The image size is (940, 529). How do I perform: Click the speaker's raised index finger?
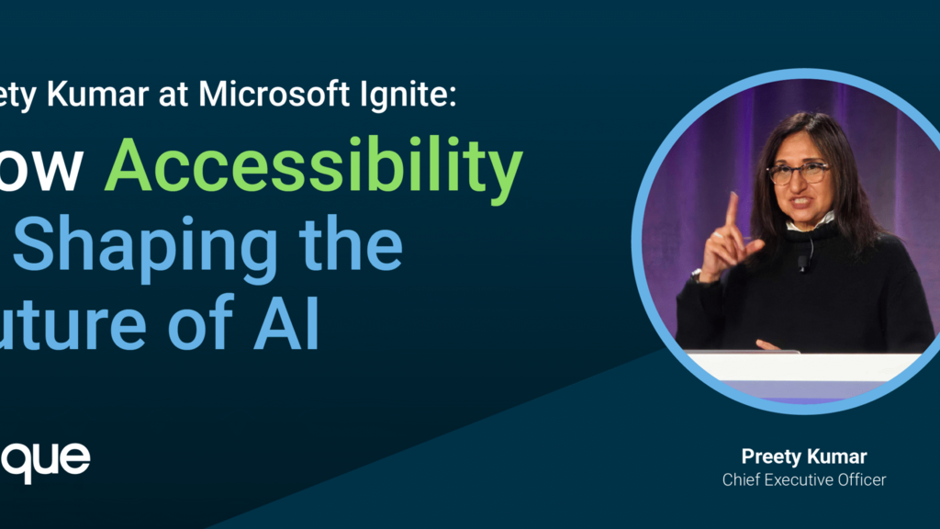pyautogui.click(x=731, y=209)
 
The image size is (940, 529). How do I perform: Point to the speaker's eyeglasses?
pyautogui.click(x=797, y=172)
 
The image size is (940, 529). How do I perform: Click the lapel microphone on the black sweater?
pyautogui.click(x=801, y=262)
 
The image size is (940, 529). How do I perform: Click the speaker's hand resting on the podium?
pyautogui.click(x=767, y=346)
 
